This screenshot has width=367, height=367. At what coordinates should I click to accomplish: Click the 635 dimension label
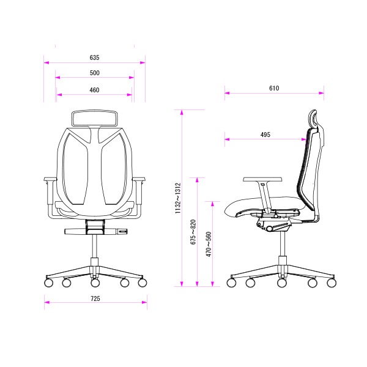coord(95,57)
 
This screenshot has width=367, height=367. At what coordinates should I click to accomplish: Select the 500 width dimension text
coord(95,73)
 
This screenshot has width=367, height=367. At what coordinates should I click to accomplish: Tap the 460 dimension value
coord(94,90)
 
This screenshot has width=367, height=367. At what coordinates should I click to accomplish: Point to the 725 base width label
coord(95,298)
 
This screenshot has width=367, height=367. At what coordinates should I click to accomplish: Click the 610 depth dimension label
coord(274,88)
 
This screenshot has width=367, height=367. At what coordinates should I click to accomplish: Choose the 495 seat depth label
coord(265,135)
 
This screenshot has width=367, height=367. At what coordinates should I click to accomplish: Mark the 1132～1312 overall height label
coord(178,198)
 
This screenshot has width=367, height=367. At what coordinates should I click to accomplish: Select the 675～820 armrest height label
coord(193,232)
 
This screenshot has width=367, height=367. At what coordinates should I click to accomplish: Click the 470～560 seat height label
coord(209,244)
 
